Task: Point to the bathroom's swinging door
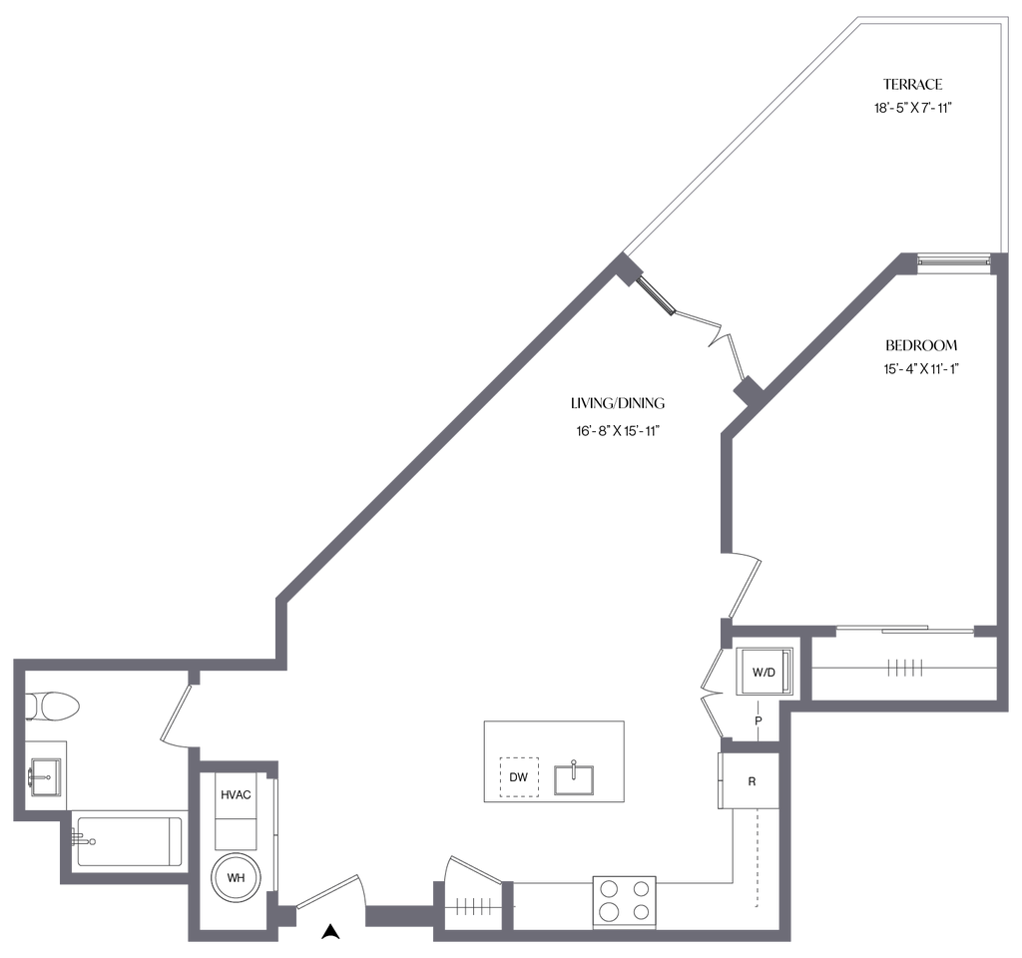(175, 714)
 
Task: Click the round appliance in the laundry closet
(236, 879)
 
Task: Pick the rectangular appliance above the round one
(236, 798)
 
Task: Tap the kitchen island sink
(575, 775)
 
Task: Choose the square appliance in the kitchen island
(519, 776)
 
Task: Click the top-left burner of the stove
(607, 886)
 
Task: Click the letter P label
(758, 719)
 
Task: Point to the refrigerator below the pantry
(746, 781)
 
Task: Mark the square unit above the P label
(766, 670)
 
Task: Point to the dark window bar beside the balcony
(952, 262)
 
